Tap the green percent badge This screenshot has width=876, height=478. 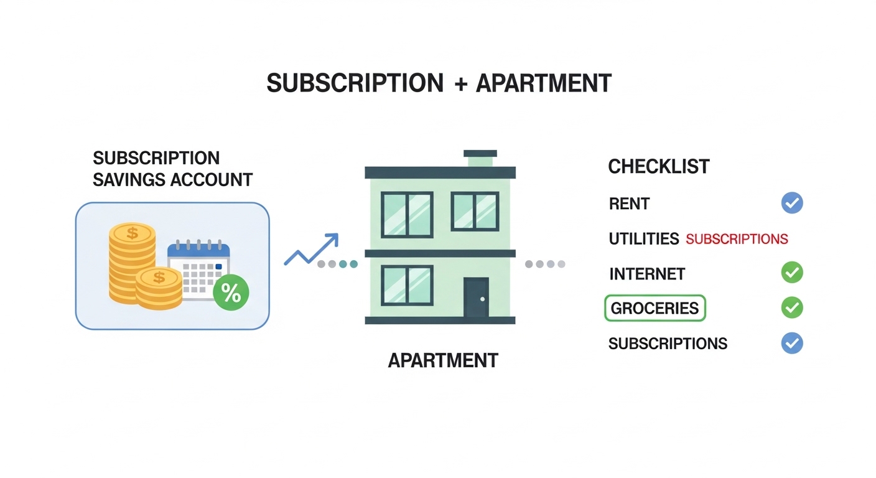coord(231,293)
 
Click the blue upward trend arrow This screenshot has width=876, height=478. coord(311,250)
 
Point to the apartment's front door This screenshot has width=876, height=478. coord(476,298)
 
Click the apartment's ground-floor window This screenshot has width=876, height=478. coord(407,285)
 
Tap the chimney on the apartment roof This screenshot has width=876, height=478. coord(480,158)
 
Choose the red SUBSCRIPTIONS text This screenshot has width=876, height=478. coord(737,239)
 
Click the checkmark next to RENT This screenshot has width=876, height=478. coord(792,203)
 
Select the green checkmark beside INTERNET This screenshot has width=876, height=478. coord(792,273)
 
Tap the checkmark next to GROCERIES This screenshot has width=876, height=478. coord(792,307)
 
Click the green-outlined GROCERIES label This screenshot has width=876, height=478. coord(655,308)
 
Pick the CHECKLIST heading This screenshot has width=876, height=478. coord(658,167)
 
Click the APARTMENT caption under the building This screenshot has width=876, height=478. coord(443,360)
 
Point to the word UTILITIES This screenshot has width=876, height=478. coord(643,239)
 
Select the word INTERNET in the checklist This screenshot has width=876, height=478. coord(646,274)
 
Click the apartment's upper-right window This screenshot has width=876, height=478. coord(475,212)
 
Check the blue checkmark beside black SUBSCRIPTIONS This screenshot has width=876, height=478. coord(792,343)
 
